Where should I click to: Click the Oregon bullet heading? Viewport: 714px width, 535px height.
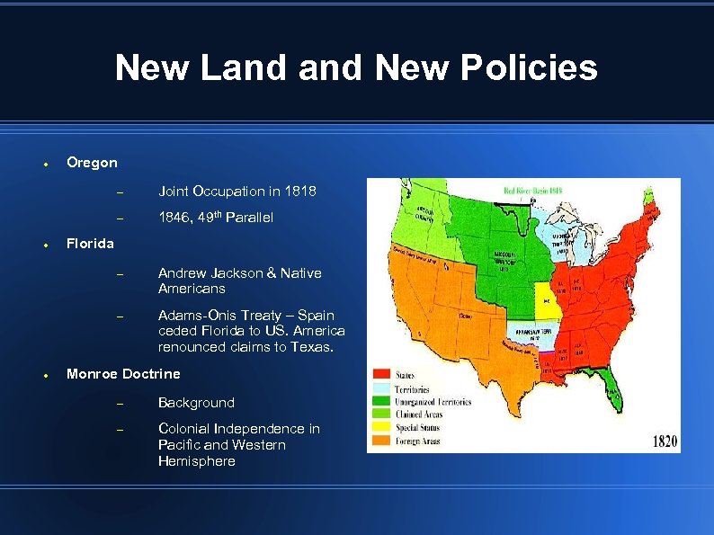(92, 163)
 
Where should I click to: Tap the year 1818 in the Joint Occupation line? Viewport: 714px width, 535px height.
(299, 191)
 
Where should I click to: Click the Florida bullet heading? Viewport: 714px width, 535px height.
(90, 244)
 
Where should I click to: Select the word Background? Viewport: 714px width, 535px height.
(196, 403)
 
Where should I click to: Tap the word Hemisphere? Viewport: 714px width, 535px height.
(196, 461)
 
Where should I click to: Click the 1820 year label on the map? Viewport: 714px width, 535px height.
(665, 441)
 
